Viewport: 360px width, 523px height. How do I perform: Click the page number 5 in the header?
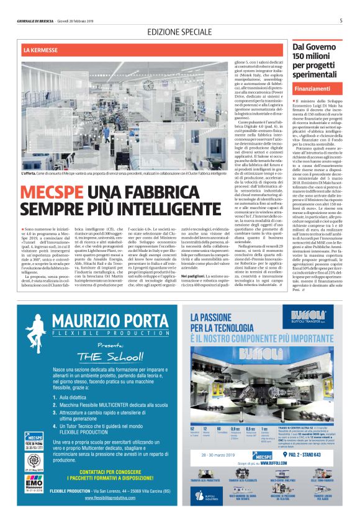tap(341, 20)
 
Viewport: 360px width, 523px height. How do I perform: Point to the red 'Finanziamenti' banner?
tap(313, 89)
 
